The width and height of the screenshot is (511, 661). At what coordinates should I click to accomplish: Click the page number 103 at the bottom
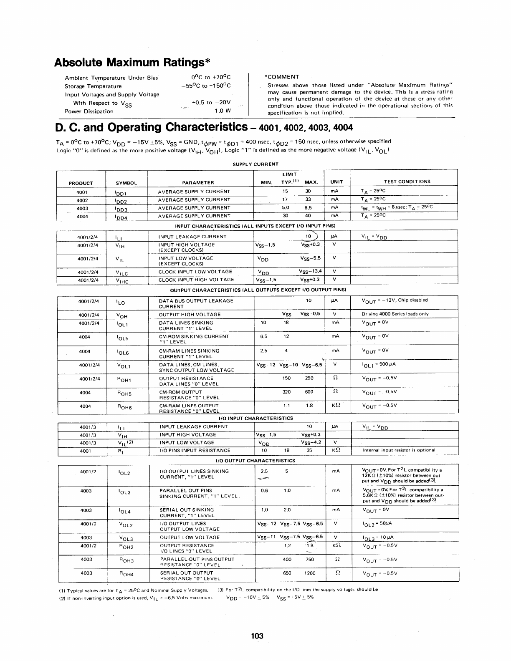pyautogui.click(x=257, y=636)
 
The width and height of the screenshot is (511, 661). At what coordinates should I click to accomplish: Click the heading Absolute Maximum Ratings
pyautogui.click(x=132, y=63)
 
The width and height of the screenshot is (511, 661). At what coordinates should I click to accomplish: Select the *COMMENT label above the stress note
pyautogui.click(x=282, y=77)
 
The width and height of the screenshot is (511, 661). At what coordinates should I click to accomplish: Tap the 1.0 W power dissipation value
pyautogui.click(x=223, y=111)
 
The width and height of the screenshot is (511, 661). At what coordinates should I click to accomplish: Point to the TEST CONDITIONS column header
pyautogui.click(x=407, y=182)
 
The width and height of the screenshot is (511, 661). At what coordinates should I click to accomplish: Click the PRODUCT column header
pyautogui.click(x=81, y=183)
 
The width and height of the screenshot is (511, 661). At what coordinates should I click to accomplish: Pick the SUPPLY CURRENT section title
pyautogui.click(x=255, y=164)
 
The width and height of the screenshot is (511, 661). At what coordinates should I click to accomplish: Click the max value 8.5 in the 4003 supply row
pyautogui.click(x=308, y=207)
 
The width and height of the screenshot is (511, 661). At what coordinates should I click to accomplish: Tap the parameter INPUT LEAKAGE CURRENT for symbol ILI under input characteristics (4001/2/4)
pyautogui.click(x=192, y=237)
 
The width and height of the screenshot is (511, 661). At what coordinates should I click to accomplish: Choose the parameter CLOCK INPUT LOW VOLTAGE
pyautogui.click(x=196, y=272)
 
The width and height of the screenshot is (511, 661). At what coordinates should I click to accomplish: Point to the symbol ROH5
pyautogui.click(x=125, y=393)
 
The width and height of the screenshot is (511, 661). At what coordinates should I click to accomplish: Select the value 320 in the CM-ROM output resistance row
pyautogui.click(x=286, y=392)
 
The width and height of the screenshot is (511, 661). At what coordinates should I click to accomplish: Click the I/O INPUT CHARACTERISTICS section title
pyautogui.click(x=256, y=418)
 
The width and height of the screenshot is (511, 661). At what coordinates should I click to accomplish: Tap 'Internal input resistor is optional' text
pyautogui.click(x=399, y=450)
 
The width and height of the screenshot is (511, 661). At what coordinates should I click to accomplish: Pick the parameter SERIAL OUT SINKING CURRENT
pyautogui.click(x=187, y=512)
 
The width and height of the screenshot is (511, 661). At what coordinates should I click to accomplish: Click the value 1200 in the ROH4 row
pyautogui.click(x=309, y=573)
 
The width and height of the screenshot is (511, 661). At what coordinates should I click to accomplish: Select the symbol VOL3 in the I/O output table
pyautogui.click(x=126, y=538)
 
